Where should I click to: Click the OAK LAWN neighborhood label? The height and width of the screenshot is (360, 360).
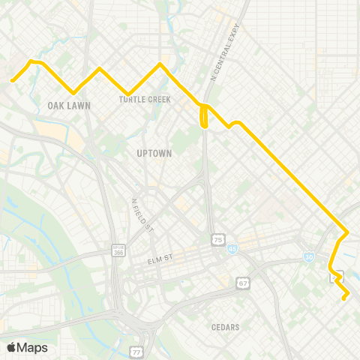click(x=68, y=106)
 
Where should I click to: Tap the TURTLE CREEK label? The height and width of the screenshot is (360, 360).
click(x=145, y=99)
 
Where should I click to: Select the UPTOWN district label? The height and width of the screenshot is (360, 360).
click(x=154, y=153)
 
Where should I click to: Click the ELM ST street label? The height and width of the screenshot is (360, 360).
click(x=160, y=259)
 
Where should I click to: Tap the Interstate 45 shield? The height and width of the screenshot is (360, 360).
click(x=233, y=247)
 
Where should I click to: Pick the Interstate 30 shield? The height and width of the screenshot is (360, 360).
click(x=310, y=257)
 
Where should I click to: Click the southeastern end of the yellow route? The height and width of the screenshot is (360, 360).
click(x=344, y=298)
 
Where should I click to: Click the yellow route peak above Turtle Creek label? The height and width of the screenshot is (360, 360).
click(x=160, y=64)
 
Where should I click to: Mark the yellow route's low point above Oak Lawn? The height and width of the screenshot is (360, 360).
click(x=73, y=93)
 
